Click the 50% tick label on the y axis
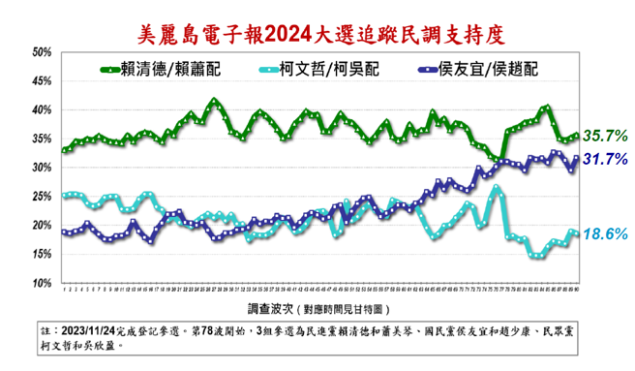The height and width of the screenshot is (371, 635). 42,52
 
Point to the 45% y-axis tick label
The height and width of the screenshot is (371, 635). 42,81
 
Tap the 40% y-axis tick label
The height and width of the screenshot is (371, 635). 42,110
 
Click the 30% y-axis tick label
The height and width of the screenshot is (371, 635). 42,168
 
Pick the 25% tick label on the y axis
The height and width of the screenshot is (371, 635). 42,197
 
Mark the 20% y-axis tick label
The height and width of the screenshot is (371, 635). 42,226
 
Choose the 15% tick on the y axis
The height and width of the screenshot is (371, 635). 42,255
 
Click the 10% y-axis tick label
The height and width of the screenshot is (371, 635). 42,284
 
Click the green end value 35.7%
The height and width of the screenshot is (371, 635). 607,134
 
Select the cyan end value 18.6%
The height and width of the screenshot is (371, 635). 607,233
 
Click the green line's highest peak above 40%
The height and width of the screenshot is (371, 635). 214,101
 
